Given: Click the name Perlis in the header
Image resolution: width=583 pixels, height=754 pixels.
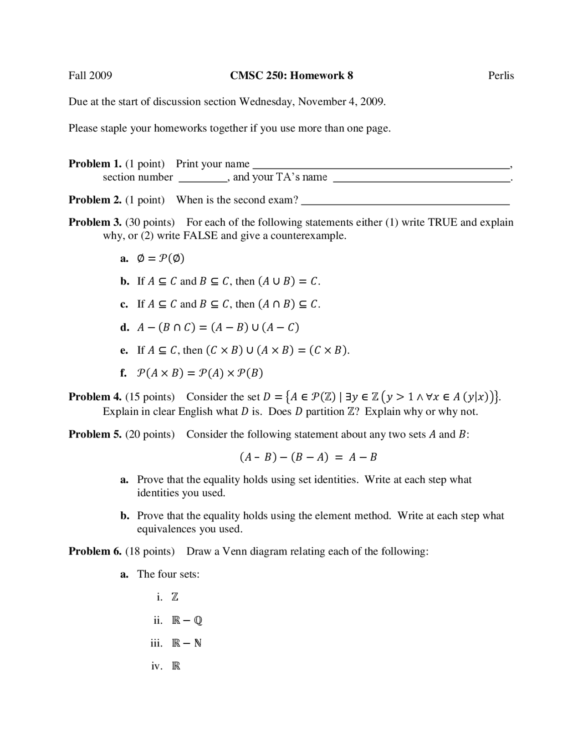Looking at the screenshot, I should (x=501, y=76).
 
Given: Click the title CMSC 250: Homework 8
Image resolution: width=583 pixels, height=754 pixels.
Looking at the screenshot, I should (x=291, y=76).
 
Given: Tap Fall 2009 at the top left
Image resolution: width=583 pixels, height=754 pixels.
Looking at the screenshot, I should (x=90, y=76).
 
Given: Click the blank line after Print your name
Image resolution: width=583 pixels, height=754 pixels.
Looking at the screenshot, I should (x=380, y=166).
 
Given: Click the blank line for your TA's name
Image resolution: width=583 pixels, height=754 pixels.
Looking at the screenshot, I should (x=421, y=180).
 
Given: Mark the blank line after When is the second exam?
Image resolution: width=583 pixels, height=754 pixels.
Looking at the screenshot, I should (x=405, y=203).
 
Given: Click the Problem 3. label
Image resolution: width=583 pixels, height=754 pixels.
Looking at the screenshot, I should (x=95, y=222).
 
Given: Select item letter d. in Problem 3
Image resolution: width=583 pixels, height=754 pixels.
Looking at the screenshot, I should (x=124, y=327).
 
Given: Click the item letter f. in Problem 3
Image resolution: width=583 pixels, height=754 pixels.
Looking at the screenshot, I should (x=123, y=373).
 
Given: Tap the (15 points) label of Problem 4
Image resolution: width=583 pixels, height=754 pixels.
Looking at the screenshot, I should (x=150, y=397).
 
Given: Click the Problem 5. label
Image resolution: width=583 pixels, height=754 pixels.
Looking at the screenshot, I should (x=95, y=434).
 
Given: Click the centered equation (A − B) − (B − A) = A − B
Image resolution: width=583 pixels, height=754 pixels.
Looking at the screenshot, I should (x=308, y=457).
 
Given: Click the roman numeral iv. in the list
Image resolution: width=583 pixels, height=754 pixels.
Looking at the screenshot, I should (x=157, y=666).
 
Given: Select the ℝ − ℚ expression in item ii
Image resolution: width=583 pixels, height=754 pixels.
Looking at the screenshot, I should (x=187, y=620).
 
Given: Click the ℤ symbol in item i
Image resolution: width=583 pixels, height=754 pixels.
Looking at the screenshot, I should (x=175, y=597).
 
